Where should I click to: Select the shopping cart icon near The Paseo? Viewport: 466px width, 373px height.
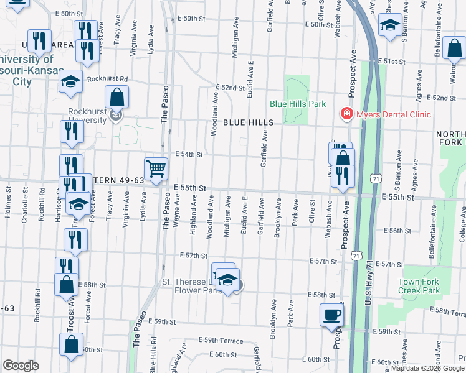pyautogui.click(x=156, y=168)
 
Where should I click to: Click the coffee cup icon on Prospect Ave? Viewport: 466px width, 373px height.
pyautogui.click(x=331, y=314)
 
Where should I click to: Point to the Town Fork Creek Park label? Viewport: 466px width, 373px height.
pyautogui.click(x=419, y=286)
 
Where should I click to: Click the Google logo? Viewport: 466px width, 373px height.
pyautogui.click(x=21, y=366)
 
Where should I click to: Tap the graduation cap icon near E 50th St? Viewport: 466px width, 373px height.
pyautogui.click(x=390, y=25)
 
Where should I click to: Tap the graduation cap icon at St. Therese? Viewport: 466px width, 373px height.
pyautogui.click(x=228, y=282)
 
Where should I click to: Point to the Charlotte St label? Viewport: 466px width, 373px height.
pyautogui.click(x=25, y=203)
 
